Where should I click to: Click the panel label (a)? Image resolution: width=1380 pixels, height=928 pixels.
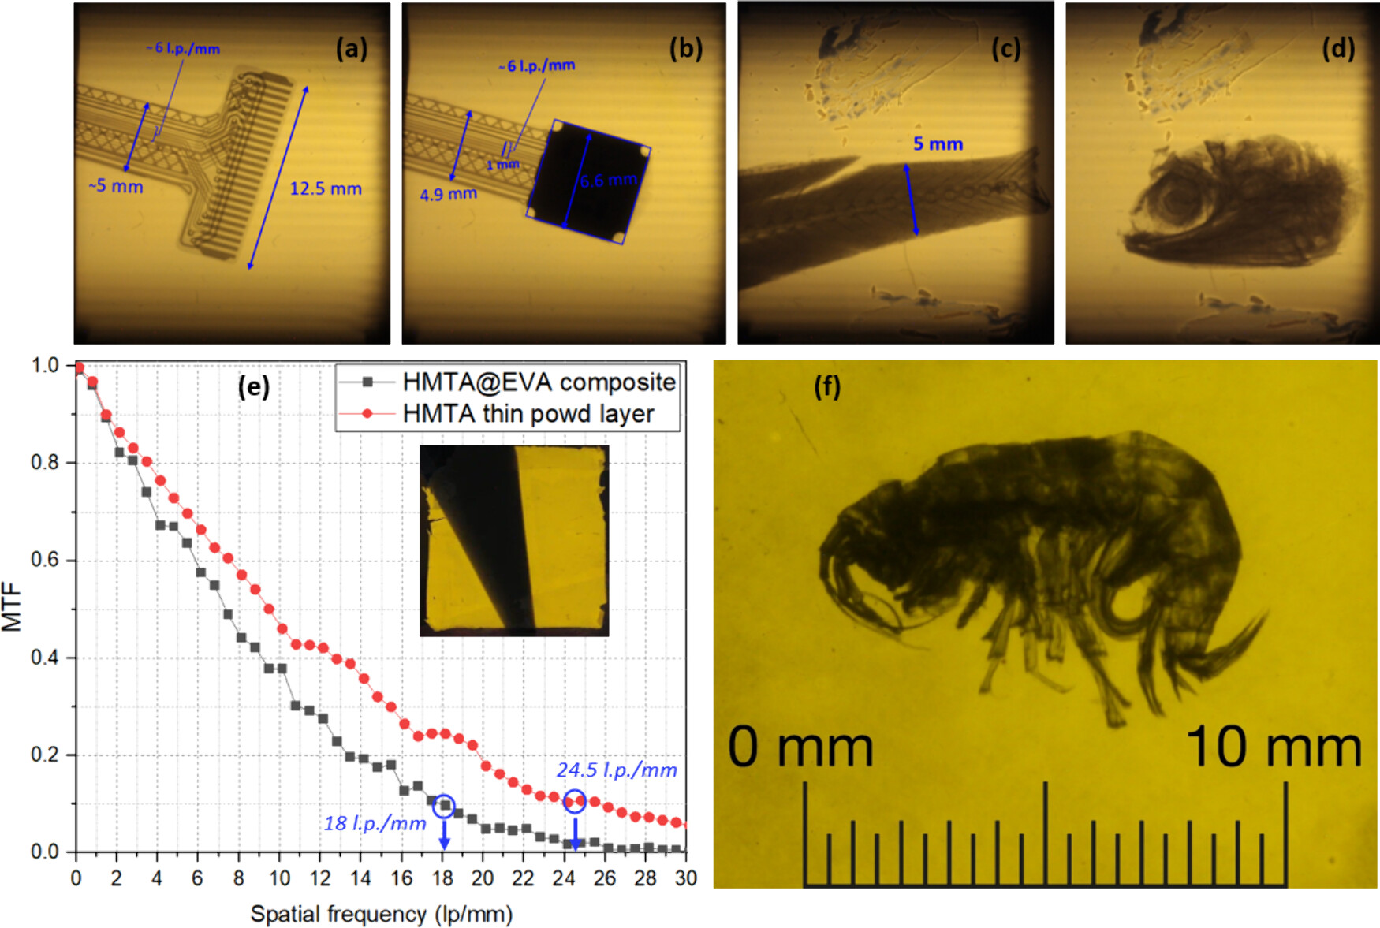coord(352,49)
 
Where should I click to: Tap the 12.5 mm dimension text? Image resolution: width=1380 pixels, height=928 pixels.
coord(326,189)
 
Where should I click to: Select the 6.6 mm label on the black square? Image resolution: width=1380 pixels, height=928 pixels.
coord(608,181)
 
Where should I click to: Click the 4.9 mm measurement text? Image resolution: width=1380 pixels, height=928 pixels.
coord(448,194)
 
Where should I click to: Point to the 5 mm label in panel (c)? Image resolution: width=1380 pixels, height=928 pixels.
coord(938,144)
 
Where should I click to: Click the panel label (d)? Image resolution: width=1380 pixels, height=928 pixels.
coord(1338,49)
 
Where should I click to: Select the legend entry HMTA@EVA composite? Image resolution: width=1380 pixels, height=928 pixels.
coord(539,382)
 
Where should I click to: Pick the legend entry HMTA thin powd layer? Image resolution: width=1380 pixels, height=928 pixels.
coord(528,414)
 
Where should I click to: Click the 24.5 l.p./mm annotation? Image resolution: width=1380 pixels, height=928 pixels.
coord(617,770)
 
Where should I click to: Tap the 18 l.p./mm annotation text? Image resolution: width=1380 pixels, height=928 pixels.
coord(375,824)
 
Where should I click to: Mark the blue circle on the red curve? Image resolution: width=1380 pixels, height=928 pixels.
coord(575,801)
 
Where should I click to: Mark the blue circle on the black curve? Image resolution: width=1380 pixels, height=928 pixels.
coord(445,805)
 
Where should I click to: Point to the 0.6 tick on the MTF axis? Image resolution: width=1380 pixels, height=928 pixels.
coord(44,560)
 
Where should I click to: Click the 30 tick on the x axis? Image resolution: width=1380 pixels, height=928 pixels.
coord(685,878)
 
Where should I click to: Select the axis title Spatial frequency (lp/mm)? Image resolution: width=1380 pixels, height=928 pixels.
coord(382,915)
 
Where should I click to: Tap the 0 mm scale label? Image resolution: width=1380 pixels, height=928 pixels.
coord(800,747)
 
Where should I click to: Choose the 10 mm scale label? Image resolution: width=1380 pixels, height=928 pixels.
coord(1274,747)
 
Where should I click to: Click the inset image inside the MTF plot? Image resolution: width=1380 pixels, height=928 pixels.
coord(514,541)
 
